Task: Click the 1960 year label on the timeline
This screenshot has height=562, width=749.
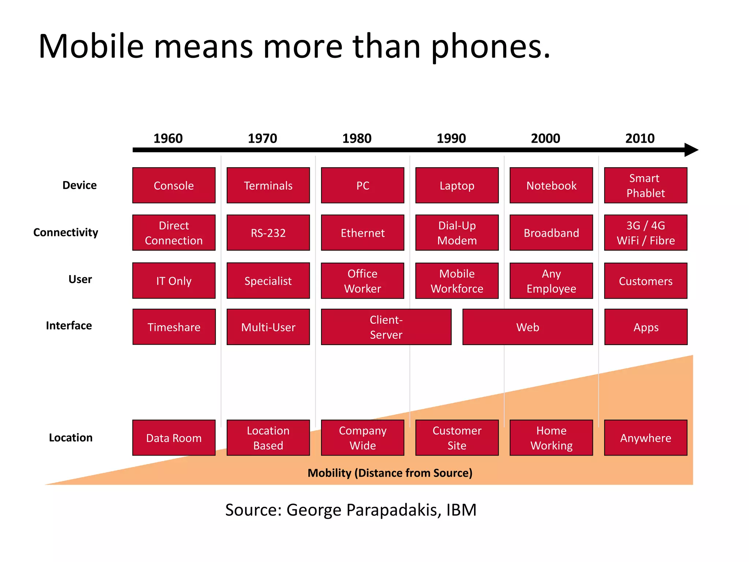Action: pyautogui.click(x=168, y=138)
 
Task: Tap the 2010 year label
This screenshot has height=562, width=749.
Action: pyautogui.click(x=640, y=138)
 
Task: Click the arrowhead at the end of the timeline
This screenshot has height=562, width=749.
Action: pyautogui.click(x=691, y=150)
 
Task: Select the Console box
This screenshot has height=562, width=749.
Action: pyautogui.click(x=174, y=186)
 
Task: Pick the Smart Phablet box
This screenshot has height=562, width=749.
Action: pyautogui.click(x=646, y=186)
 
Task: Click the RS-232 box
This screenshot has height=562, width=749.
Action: pyautogui.click(x=268, y=233)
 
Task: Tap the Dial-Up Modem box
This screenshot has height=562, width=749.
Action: pyautogui.click(x=457, y=233)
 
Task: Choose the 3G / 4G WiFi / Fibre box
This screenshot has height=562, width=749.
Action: pyautogui.click(x=646, y=233)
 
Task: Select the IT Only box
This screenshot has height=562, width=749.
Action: pyautogui.click(x=174, y=281)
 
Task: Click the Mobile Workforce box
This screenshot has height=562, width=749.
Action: pyautogui.click(x=457, y=281)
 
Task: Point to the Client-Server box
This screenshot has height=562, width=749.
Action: pyautogui.click(x=386, y=327)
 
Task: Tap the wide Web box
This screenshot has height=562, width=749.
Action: pyautogui.click(x=527, y=327)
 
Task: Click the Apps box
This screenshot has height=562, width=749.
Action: pyautogui.click(x=646, y=327)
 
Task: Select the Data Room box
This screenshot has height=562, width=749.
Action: pyautogui.click(x=174, y=438)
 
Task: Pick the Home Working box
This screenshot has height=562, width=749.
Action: pyautogui.click(x=551, y=438)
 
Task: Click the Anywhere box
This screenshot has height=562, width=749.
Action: pyautogui.click(x=646, y=438)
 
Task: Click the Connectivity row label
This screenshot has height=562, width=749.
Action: pyautogui.click(x=66, y=232)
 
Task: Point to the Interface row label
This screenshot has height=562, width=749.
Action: pyautogui.click(x=69, y=325)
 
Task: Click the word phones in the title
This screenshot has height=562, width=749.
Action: pyautogui.click(x=490, y=47)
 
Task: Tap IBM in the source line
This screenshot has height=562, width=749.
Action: pyautogui.click(x=461, y=510)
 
